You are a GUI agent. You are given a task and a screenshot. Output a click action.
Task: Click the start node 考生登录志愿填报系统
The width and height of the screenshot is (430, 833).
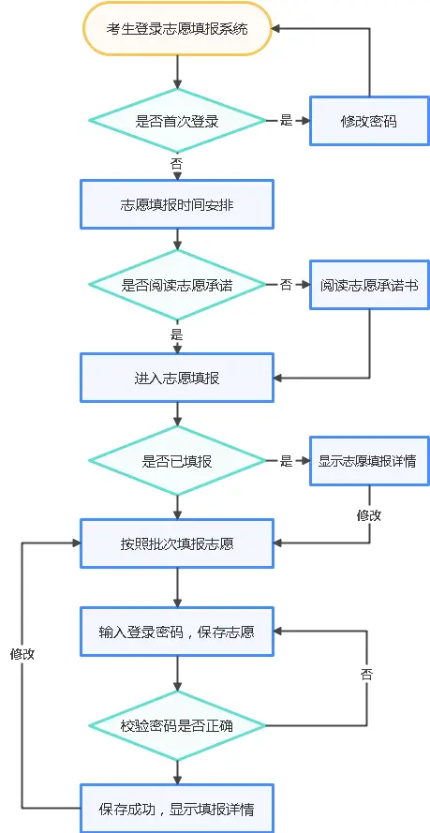[x=177, y=28]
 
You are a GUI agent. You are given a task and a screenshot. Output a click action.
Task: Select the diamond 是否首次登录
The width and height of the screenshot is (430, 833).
[x=177, y=120]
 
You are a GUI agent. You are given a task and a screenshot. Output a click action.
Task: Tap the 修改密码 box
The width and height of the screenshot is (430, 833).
[x=369, y=121]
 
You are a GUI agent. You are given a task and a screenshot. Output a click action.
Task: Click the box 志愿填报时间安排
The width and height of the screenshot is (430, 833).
[x=177, y=203]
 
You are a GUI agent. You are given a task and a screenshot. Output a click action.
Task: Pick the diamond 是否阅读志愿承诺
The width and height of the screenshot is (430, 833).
[x=177, y=285]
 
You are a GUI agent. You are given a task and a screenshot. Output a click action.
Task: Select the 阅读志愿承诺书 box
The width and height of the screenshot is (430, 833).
[x=369, y=285]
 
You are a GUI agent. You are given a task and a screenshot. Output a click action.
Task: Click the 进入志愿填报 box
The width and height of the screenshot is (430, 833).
[x=177, y=379]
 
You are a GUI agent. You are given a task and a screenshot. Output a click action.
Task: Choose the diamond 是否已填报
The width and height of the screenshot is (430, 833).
[x=177, y=461]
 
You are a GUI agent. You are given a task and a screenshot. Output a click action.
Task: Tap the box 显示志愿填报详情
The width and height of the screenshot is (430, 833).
[x=369, y=461]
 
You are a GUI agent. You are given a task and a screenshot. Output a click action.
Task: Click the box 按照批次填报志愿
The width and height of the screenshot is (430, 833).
[x=177, y=543]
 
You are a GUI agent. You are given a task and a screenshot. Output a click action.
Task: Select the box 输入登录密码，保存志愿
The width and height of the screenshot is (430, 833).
[x=177, y=632]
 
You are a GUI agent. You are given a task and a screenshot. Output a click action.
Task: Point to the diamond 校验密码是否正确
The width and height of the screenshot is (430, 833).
[x=177, y=725]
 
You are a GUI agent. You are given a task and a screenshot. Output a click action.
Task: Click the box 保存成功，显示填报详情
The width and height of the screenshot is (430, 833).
[x=177, y=808]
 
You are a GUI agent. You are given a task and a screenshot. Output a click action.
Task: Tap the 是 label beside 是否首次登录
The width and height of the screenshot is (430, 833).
[x=287, y=121]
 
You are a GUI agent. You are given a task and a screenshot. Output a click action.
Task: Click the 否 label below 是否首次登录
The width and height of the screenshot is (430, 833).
[x=177, y=163]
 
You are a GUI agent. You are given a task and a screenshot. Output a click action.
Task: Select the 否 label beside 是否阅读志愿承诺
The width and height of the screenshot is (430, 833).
[x=287, y=285]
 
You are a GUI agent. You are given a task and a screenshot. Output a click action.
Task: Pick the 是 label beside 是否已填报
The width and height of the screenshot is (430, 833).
[x=287, y=461]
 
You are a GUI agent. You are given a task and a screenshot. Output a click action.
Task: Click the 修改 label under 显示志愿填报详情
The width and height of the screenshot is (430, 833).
[x=369, y=514]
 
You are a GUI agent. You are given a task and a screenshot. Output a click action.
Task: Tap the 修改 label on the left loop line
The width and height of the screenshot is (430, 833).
[x=22, y=654]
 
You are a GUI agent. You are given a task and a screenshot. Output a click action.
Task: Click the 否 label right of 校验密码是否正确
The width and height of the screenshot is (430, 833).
[x=369, y=675]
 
